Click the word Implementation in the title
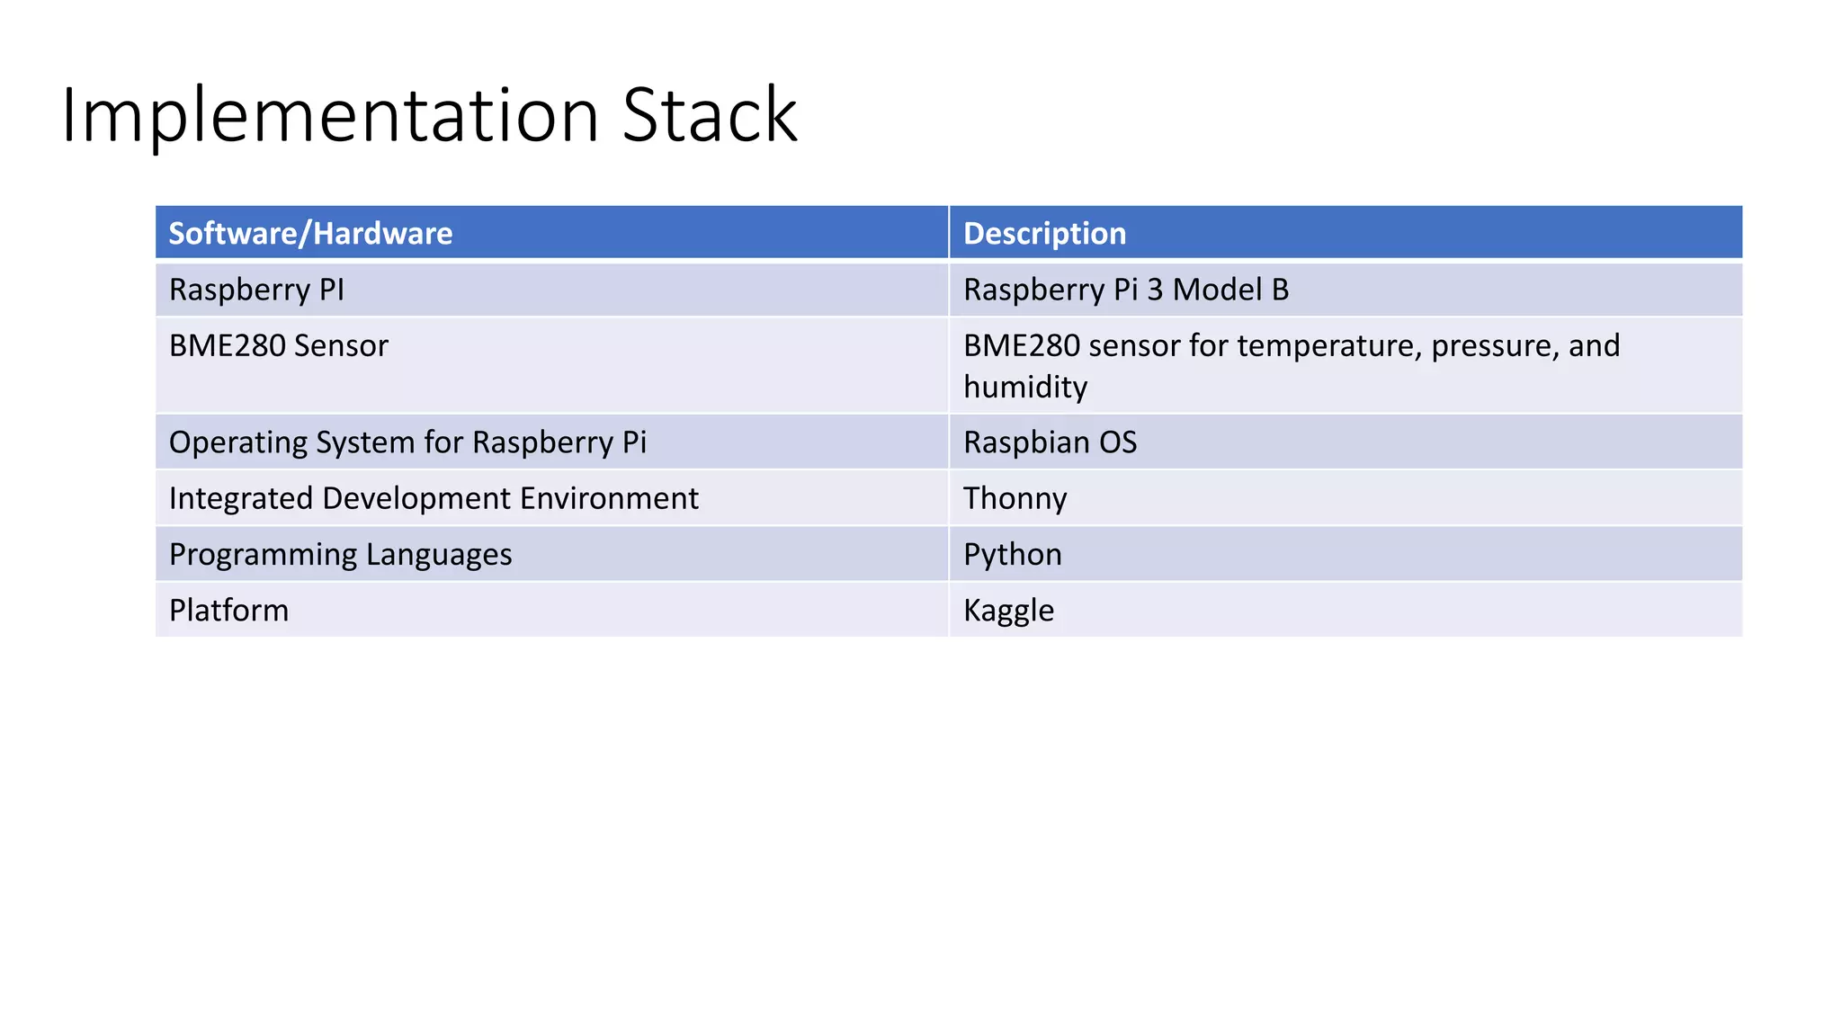329,115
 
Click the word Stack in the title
709,115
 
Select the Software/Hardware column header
310,234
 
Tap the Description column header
1044,234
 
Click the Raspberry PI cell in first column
256,290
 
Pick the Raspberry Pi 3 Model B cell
1125,290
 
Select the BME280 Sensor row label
278,346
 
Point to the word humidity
1025,388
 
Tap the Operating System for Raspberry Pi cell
407,442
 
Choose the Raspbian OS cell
1050,442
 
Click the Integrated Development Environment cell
434,499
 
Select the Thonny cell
1015,499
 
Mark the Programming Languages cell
340,555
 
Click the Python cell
1012,555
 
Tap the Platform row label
228,611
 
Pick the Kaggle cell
1008,611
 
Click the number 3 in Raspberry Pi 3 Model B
1155,290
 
